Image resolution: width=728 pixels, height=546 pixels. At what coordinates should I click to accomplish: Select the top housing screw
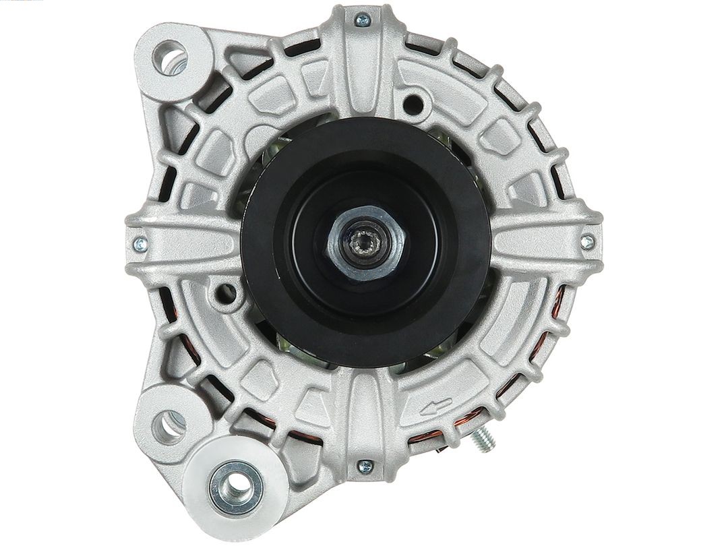pyautogui.click(x=363, y=21)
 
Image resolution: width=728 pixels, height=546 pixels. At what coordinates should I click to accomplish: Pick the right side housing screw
pyautogui.click(x=588, y=241)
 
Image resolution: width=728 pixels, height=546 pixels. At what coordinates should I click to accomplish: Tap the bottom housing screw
pyautogui.click(x=365, y=465)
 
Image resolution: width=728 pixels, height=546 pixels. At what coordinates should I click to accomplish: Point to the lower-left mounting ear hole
pyautogui.click(x=169, y=423)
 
